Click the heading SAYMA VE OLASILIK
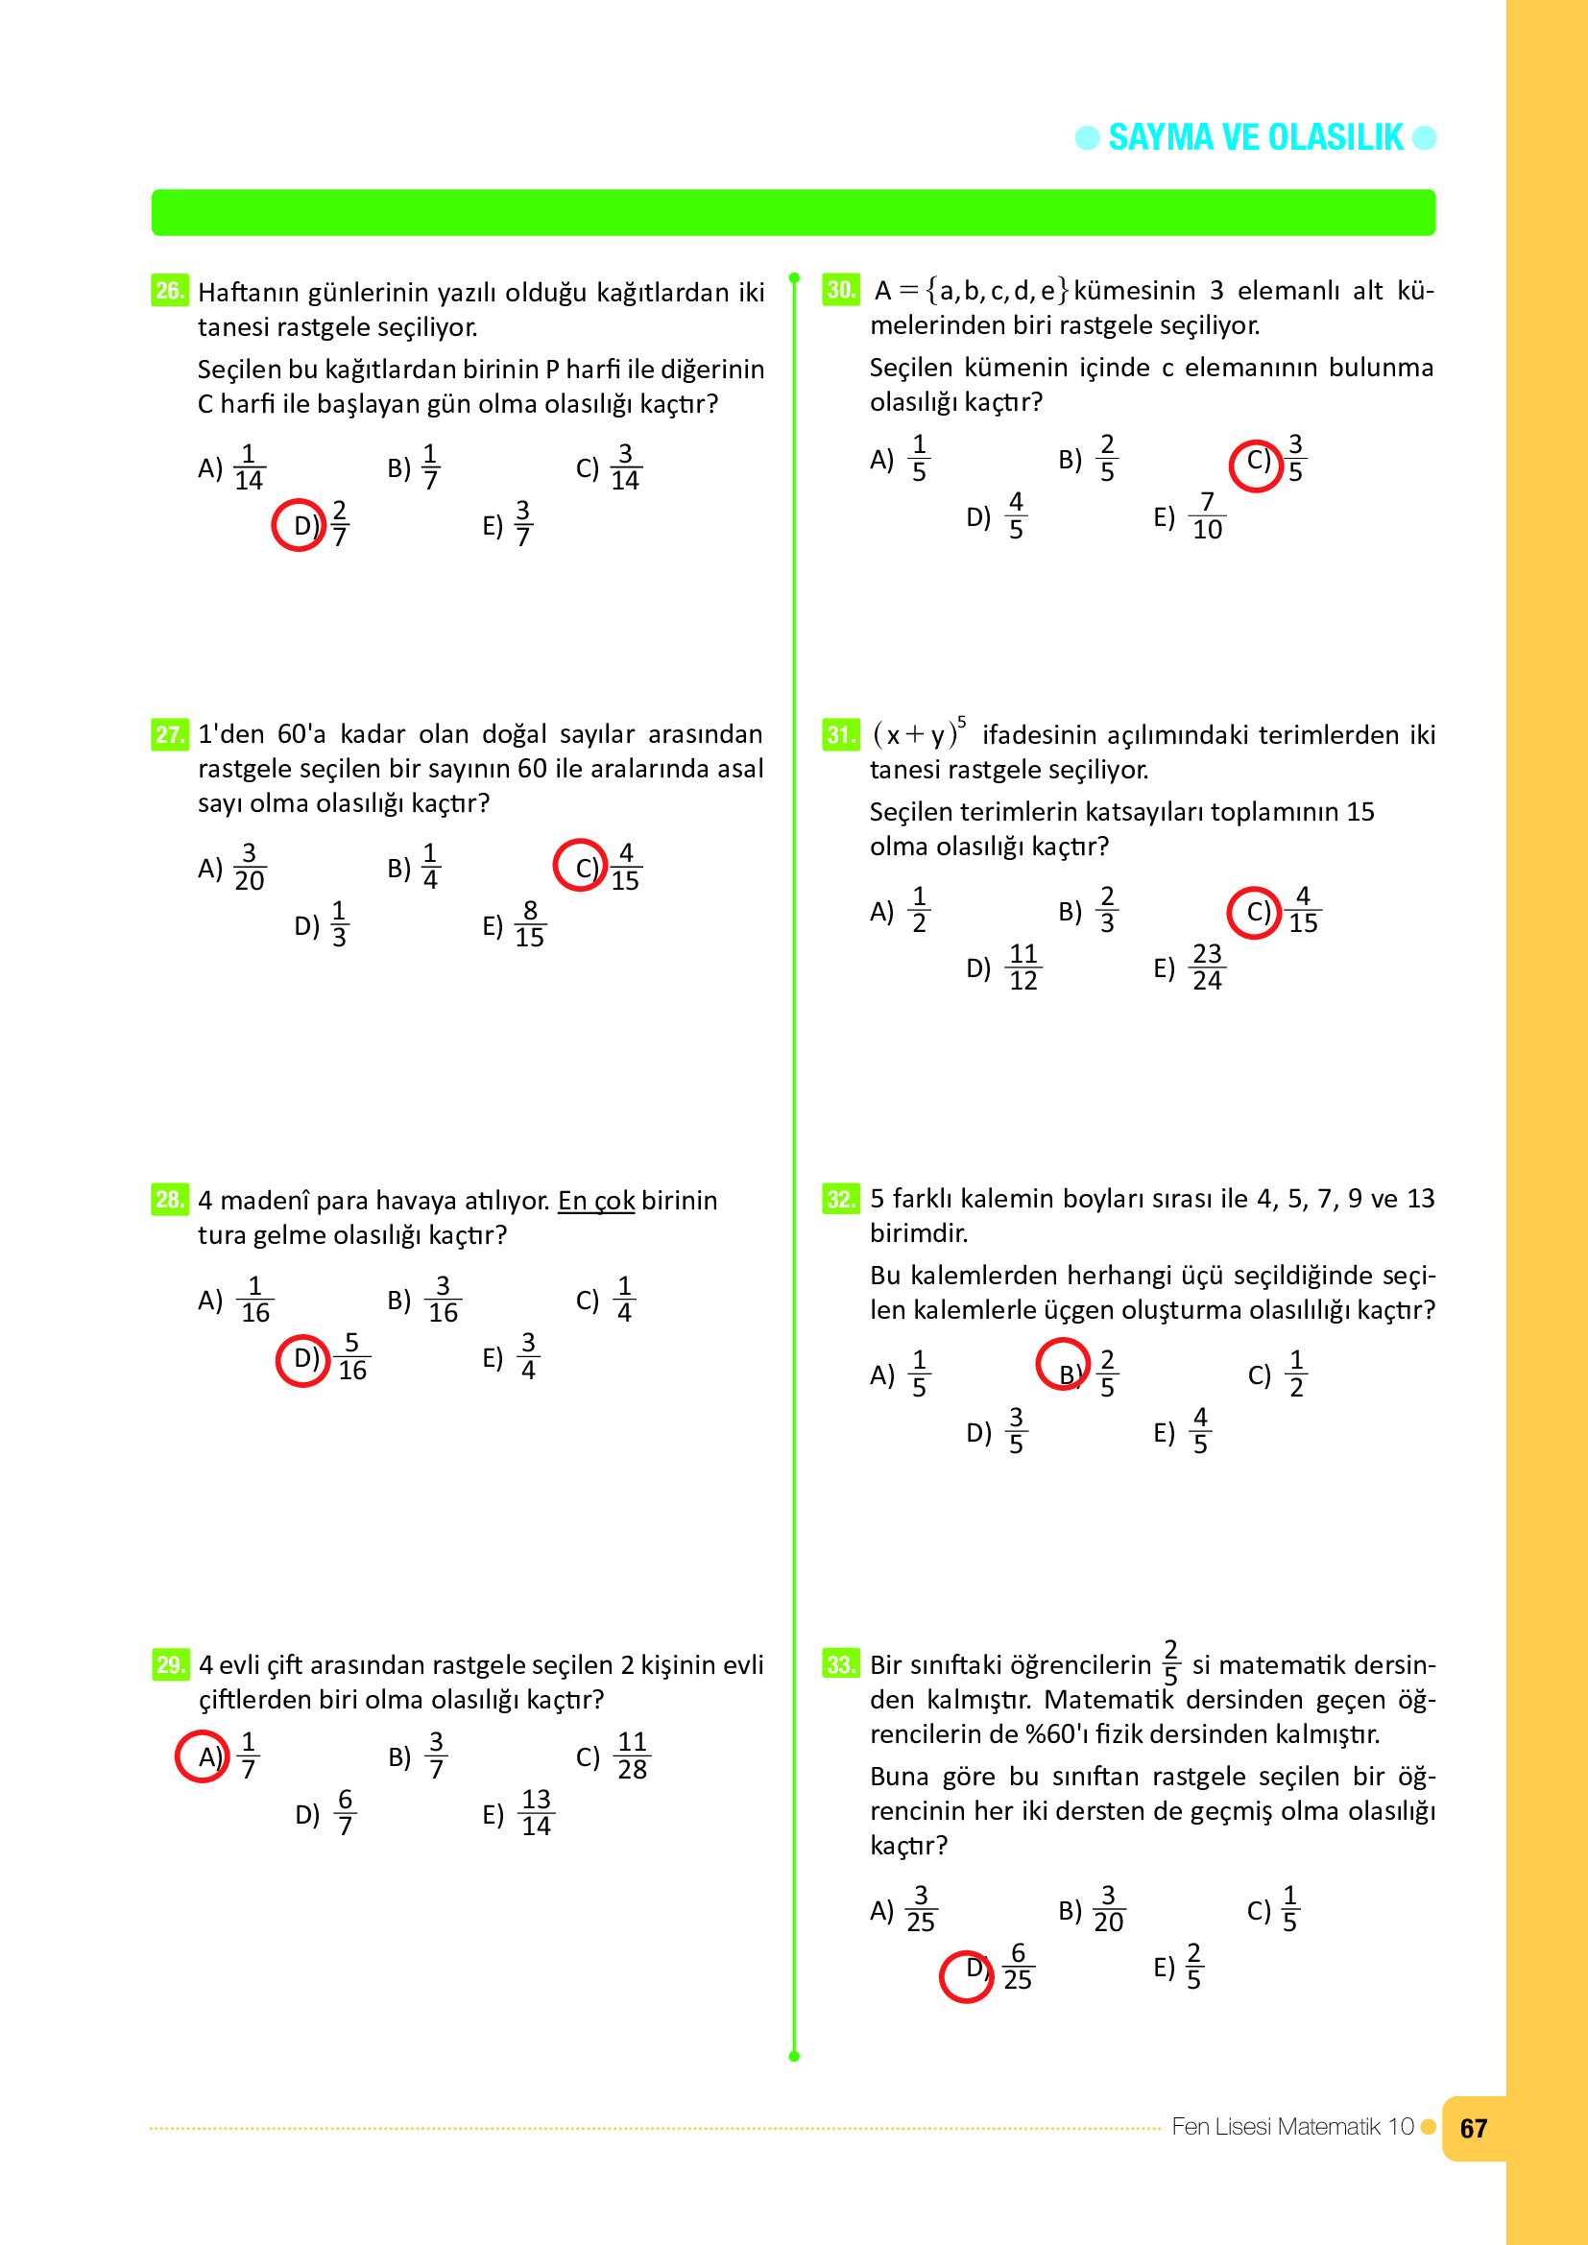pos(1255,138)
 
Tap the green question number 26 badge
pos(169,291)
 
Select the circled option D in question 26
pos(300,525)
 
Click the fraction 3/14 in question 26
pos(625,467)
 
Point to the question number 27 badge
pos(169,733)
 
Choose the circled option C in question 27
pos(581,866)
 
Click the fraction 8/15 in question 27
pos(530,924)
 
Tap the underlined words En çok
pos(595,1200)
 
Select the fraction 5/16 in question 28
pos(352,1356)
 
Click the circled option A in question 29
pos(204,1756)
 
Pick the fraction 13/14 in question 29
pos(536,1813)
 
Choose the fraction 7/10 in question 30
pos(1207,516)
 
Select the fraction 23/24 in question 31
pos(1207,967)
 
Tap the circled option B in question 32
pos(1064,1364)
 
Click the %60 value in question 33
pos(1049,1733)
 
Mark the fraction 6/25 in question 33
pos(1017,1967)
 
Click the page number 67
pos(1473,2129)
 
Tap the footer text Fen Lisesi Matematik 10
pos(1291,2127)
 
